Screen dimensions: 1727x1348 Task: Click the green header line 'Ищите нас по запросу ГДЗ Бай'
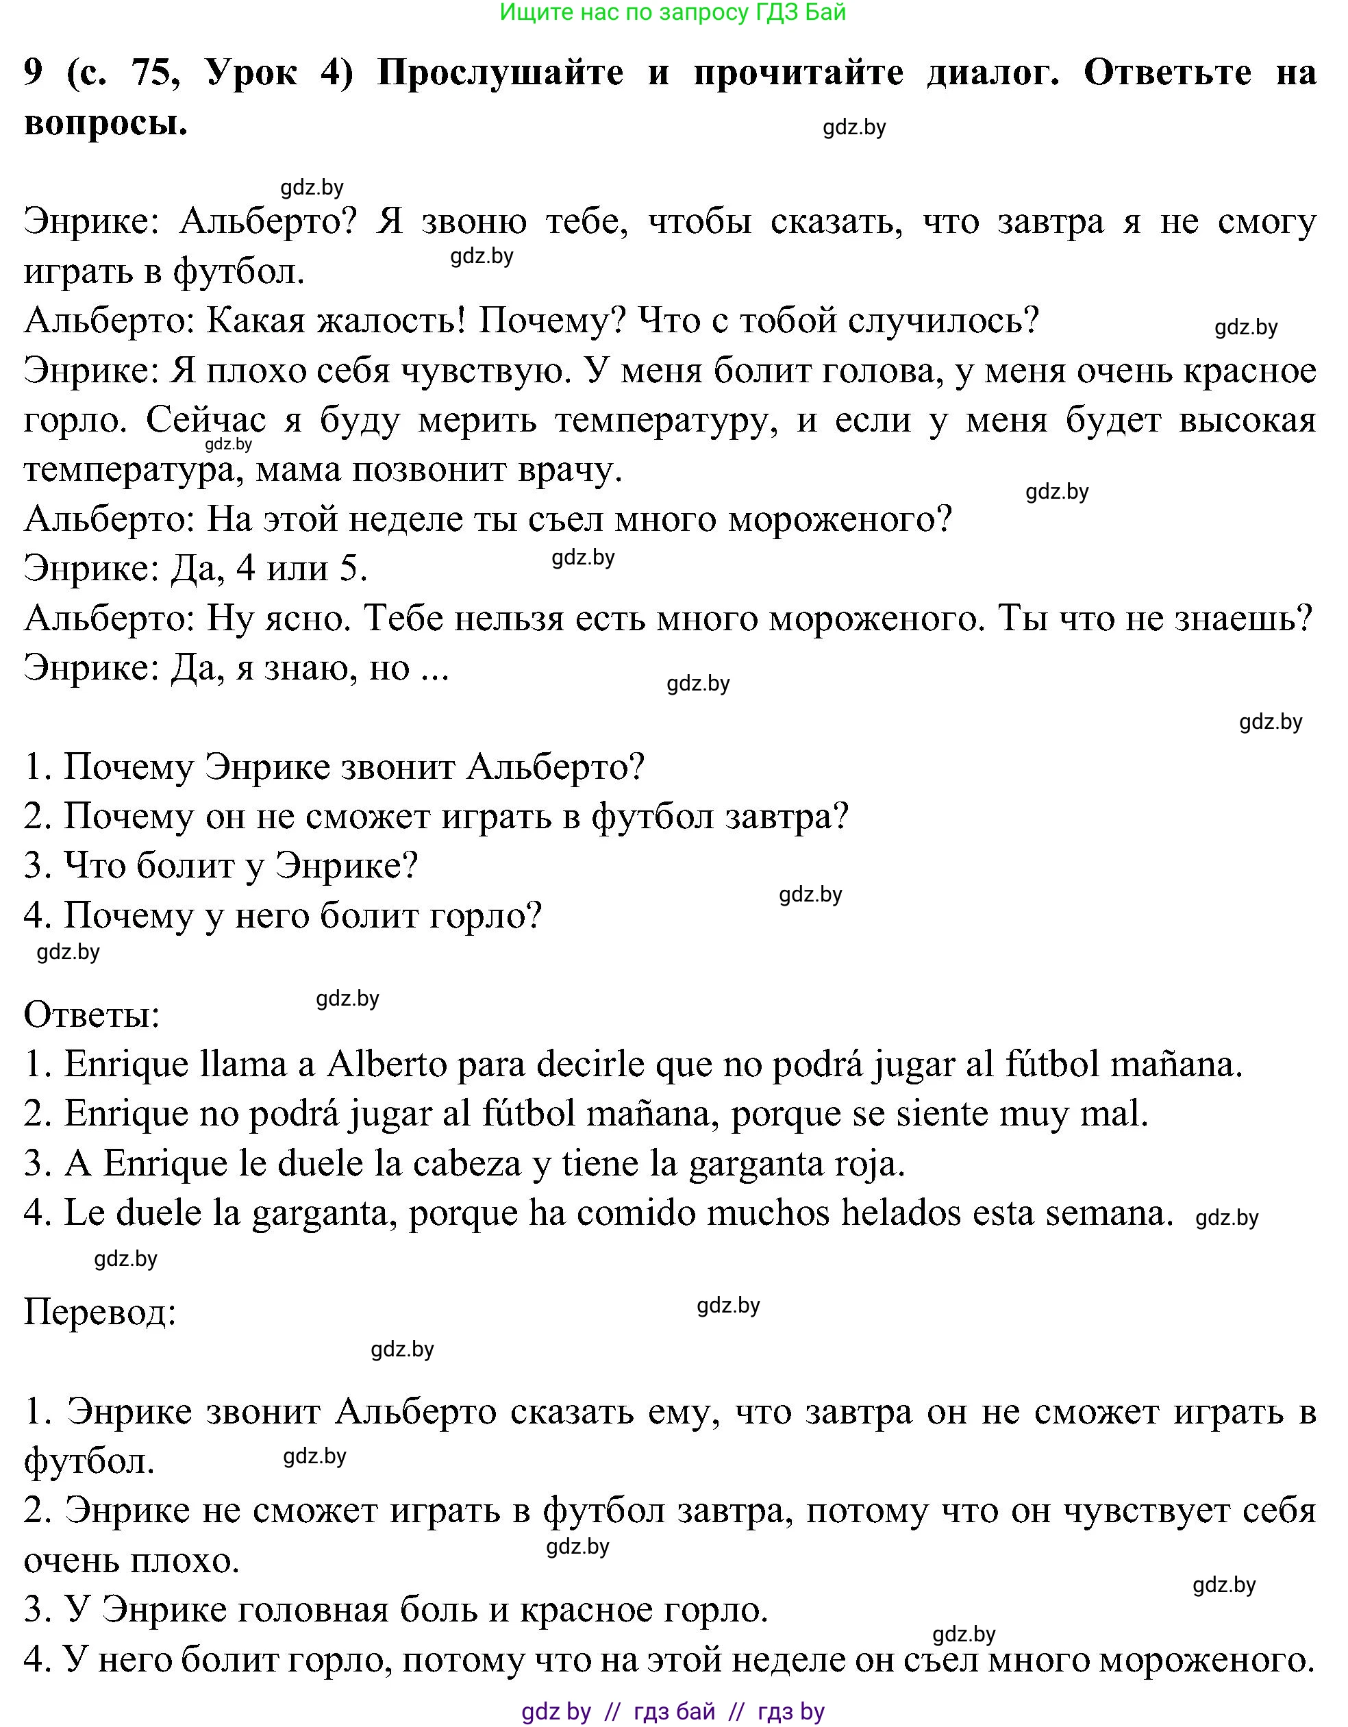click(673, 12)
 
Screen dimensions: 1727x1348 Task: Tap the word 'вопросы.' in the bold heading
click(106, 123)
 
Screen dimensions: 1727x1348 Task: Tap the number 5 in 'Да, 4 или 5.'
click(353, 569)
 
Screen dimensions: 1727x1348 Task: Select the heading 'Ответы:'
click(92, 1015)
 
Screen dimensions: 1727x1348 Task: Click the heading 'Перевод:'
click(99, 1313)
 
